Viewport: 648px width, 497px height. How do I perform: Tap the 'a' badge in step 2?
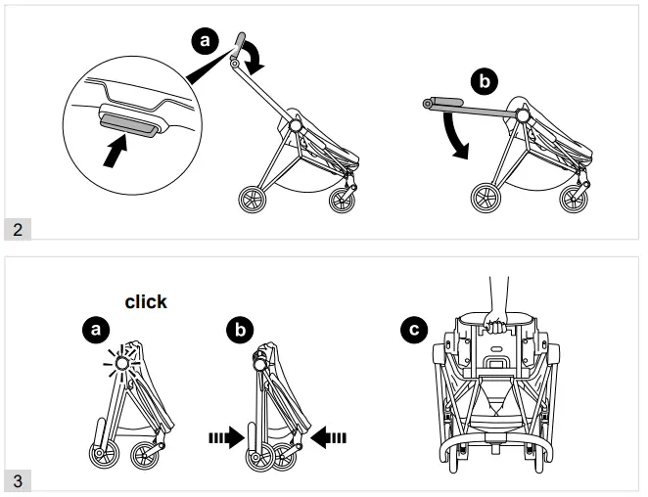[x=205, y=41]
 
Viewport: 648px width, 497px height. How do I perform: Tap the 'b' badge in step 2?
[x=481, y=79]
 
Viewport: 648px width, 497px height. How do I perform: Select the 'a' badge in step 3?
[x=95, y=331]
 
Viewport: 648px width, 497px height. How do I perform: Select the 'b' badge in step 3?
[x=235, y=331]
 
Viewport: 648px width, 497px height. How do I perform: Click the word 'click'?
[x=146, y=302]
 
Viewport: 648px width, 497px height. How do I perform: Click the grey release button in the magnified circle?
[x=128, y=122]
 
